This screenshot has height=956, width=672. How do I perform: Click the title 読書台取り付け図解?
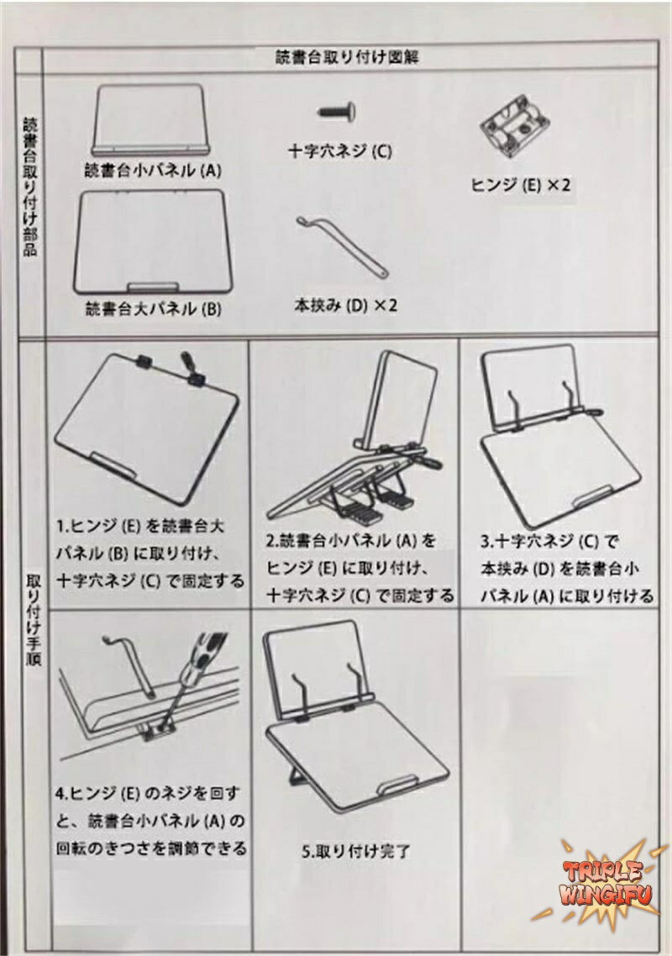[347, 58]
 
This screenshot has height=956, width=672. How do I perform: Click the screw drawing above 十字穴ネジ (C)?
[337, 113]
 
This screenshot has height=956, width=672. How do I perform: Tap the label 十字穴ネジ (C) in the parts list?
[339, 150]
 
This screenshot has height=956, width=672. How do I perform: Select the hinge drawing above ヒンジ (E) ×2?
[515, 128]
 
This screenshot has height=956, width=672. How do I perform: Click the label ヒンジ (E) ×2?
[520, 185]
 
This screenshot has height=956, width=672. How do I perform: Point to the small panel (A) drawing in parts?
[150, 120]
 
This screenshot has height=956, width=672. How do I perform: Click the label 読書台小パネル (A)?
[153, 170]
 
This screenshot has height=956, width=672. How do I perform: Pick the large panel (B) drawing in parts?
[153, 242]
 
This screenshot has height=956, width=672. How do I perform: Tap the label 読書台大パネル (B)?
[153, 309]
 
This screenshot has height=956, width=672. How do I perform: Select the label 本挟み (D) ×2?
[346, 305]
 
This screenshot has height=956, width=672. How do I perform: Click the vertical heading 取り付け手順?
[33, 619]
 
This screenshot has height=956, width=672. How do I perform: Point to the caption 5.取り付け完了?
[355, 851]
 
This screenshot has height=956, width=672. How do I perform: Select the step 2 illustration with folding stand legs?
[354, 439]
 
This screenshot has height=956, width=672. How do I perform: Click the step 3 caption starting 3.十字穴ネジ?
[566, 569]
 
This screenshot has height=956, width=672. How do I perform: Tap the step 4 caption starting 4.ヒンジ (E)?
[151, 821]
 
